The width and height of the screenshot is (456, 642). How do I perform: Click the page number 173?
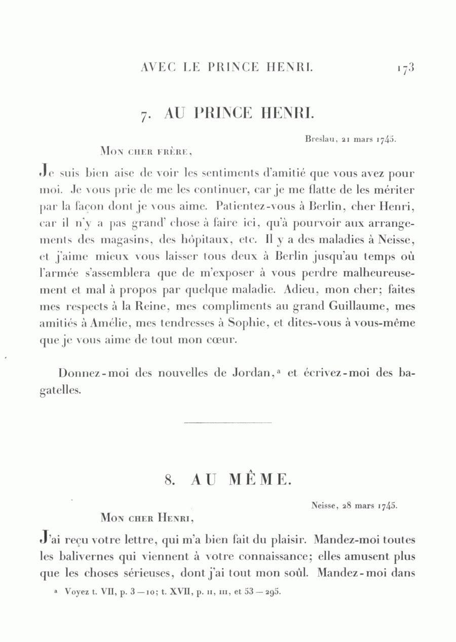coord(405,67)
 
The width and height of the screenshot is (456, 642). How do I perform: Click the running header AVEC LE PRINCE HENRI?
coord(227,67)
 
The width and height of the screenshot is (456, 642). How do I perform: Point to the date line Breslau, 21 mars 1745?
coord(351,137)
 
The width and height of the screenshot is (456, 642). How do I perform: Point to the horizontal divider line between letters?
coord(227,422)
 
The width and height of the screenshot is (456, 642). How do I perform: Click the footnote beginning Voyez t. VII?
coord(167,592)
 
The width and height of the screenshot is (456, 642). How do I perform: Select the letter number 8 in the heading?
coord(169,480)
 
